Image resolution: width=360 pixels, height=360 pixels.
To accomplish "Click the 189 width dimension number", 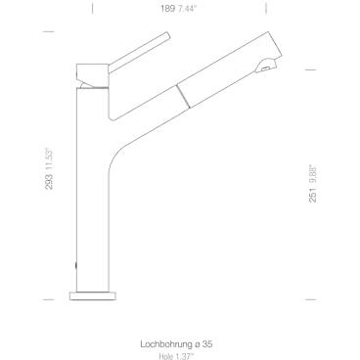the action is point(168,9).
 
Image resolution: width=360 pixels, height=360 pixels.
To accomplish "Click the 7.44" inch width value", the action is point(188,9).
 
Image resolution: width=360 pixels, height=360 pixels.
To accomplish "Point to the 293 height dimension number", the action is point(49,182).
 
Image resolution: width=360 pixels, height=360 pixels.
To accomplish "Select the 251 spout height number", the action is point(313,195).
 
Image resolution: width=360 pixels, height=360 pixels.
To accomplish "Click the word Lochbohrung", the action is point(166,344).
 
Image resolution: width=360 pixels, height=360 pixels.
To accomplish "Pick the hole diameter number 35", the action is point(208,343).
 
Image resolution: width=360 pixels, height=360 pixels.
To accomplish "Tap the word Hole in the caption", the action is point(165,356).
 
